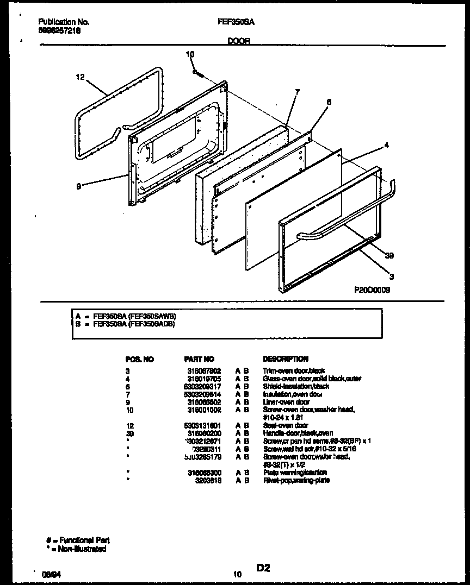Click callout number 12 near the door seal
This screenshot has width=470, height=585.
coord(80,78)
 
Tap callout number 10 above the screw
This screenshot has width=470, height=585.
coord(190,54)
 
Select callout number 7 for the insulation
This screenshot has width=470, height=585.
coord(298,92)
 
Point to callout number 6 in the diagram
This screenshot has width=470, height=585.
coord(329,102)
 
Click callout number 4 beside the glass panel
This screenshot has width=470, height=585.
coord(386,145)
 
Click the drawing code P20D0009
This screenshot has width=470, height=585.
coord(372,290)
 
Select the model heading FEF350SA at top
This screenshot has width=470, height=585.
coord(236,22)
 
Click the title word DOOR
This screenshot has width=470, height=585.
coord(239,41)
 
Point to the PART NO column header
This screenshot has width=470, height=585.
coord(199,359)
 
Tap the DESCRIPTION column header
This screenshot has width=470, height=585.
coord(286,359)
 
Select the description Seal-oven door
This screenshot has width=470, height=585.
coord(286,426)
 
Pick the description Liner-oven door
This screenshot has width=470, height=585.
coord(286,402)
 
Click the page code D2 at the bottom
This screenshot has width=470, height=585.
coord(263,568)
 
